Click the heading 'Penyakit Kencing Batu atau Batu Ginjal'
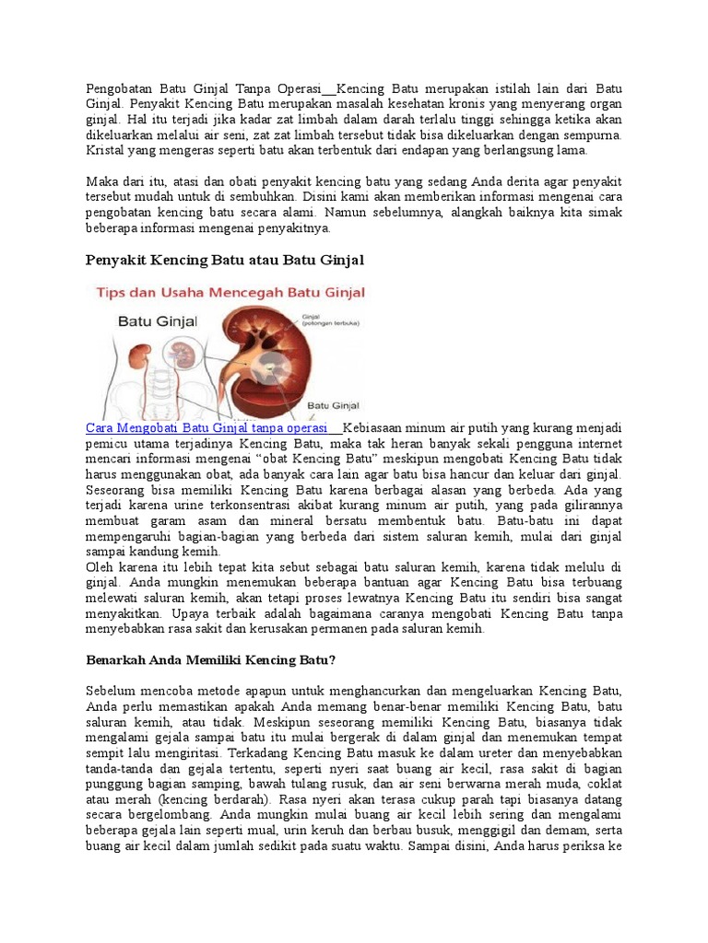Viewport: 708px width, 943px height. [225, 261]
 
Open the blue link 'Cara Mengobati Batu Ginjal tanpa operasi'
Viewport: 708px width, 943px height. [206, 428]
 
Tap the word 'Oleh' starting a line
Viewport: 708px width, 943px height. [100, 567]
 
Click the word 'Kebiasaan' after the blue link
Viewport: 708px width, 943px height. [373, 428]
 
